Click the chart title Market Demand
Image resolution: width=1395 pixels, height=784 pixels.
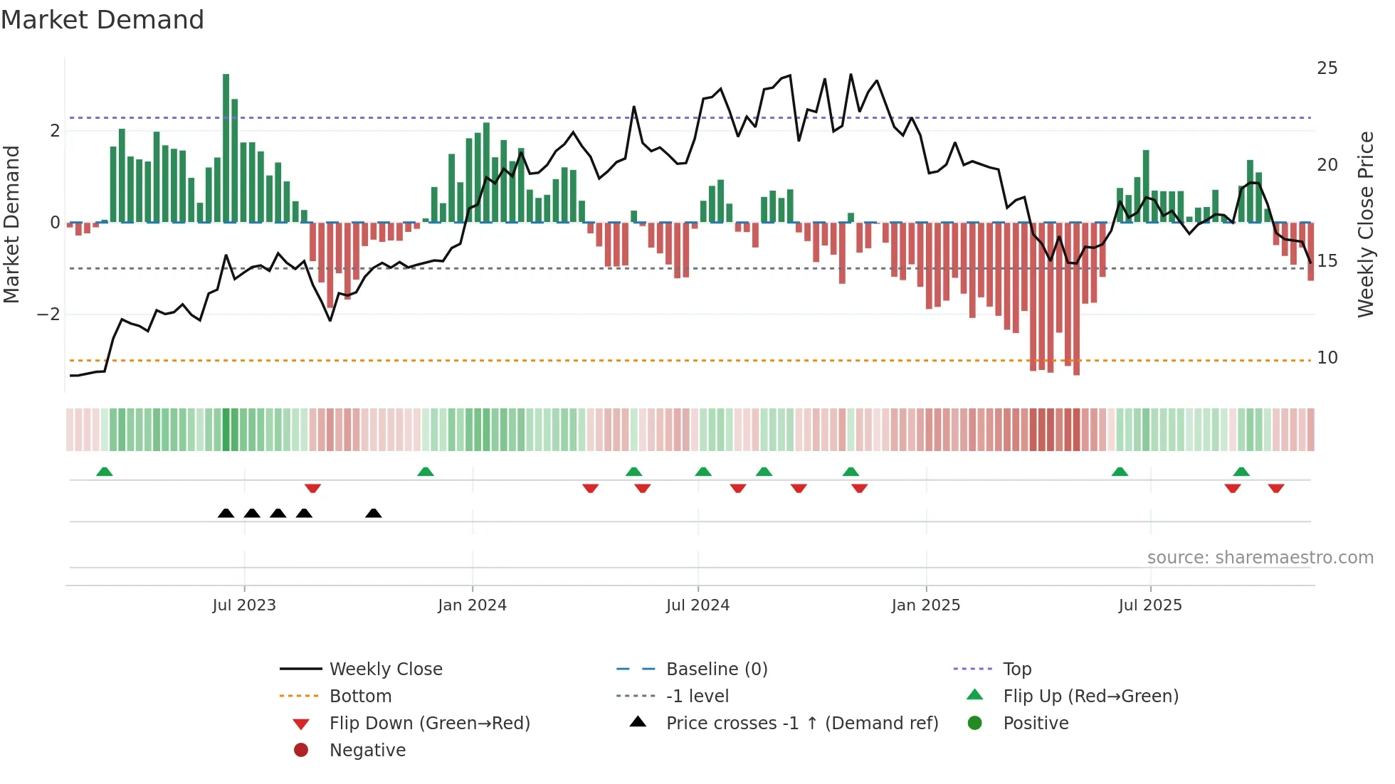[102, 20]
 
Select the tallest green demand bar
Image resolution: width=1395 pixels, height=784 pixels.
[226, 148]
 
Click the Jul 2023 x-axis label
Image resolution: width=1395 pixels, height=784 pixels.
[244, 605]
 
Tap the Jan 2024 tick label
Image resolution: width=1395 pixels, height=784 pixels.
[472, 605]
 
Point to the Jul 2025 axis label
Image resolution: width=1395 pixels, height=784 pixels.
[1149, 605]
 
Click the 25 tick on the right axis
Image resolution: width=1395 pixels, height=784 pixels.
[1327, 68]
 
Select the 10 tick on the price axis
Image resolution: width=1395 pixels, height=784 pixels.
[1327, 358]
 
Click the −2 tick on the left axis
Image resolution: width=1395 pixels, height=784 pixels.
[48, 314]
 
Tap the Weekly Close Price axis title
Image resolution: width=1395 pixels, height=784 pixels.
[1365, 224]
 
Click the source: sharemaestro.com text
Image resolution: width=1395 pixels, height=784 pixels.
[1260, 558]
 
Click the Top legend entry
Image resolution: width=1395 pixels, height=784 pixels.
[1016, 669]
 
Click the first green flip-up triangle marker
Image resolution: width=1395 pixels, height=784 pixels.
[105, 472]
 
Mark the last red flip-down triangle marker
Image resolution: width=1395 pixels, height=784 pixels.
[1275, 488]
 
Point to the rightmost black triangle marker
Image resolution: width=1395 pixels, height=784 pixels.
[373, 513]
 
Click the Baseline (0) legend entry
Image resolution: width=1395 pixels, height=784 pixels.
[716, 669]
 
